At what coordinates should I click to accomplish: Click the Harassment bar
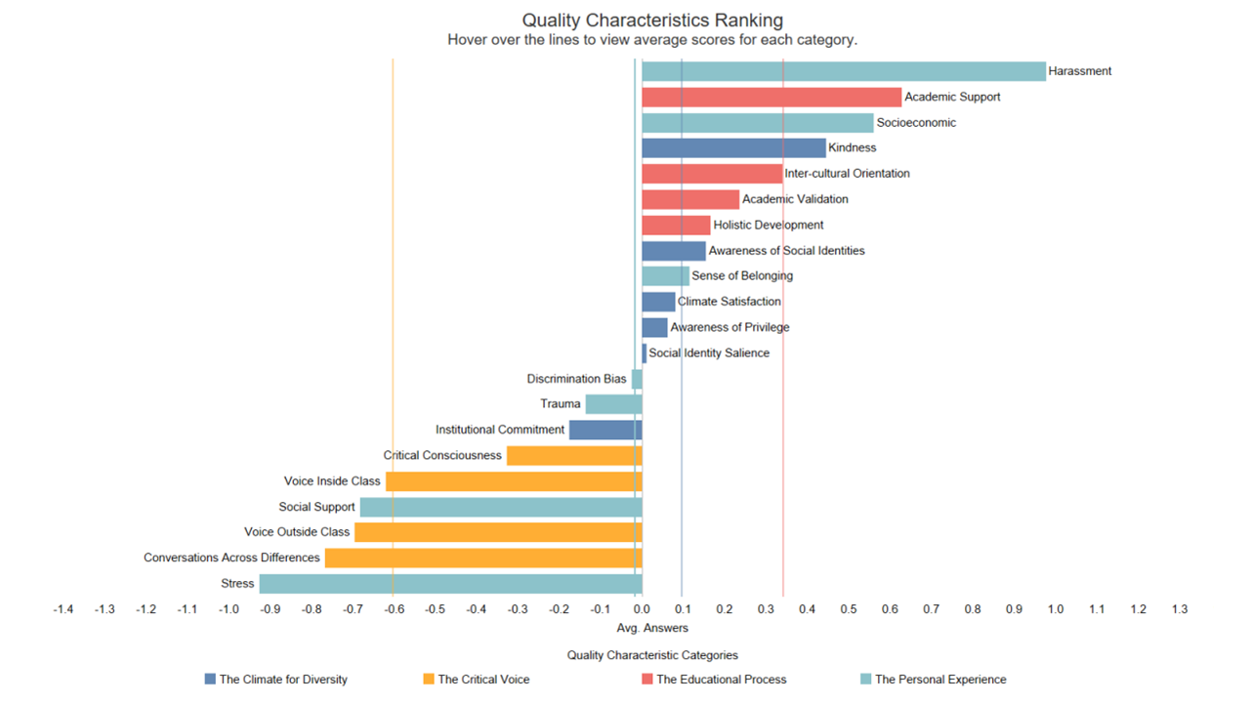843,71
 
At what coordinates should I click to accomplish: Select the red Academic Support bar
771,97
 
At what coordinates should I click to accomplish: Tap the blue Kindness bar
733,147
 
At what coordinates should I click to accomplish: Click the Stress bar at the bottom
450,584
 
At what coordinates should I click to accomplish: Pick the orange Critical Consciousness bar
574,455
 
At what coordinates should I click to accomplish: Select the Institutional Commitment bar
605,430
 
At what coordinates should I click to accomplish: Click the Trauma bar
613,404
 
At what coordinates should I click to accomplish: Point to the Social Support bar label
315,507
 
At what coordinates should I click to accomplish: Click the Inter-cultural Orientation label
847,174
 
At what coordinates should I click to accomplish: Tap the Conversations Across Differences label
231,558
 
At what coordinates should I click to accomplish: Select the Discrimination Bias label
576,379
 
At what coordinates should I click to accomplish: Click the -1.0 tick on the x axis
229,609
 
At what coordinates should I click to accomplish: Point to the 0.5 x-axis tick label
849,609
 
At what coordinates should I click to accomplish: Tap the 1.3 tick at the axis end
1180,609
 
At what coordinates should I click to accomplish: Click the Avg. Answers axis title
652,628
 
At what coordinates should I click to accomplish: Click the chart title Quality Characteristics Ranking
652,20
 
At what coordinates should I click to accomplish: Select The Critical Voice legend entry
483,680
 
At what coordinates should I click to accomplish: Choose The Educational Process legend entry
721,680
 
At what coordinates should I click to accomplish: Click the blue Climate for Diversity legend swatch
210,680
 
